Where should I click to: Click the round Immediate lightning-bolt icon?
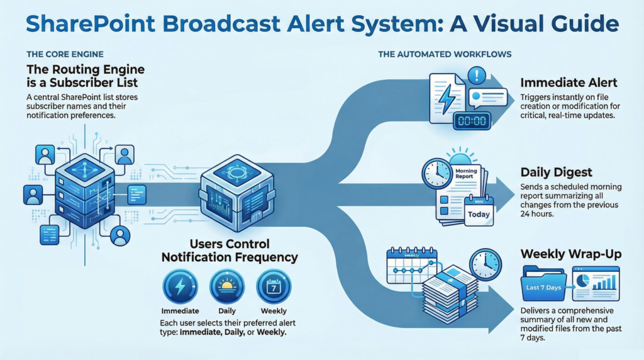(180, 287)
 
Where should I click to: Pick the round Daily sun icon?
(226, 287)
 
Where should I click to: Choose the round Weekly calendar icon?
(274, 287)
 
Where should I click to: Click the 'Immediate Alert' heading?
(568, 82)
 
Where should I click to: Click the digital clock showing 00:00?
(471, 120)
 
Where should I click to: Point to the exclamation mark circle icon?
(476, 77)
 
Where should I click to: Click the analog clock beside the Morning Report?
(436, 173)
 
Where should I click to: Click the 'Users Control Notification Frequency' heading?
(230, 250)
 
